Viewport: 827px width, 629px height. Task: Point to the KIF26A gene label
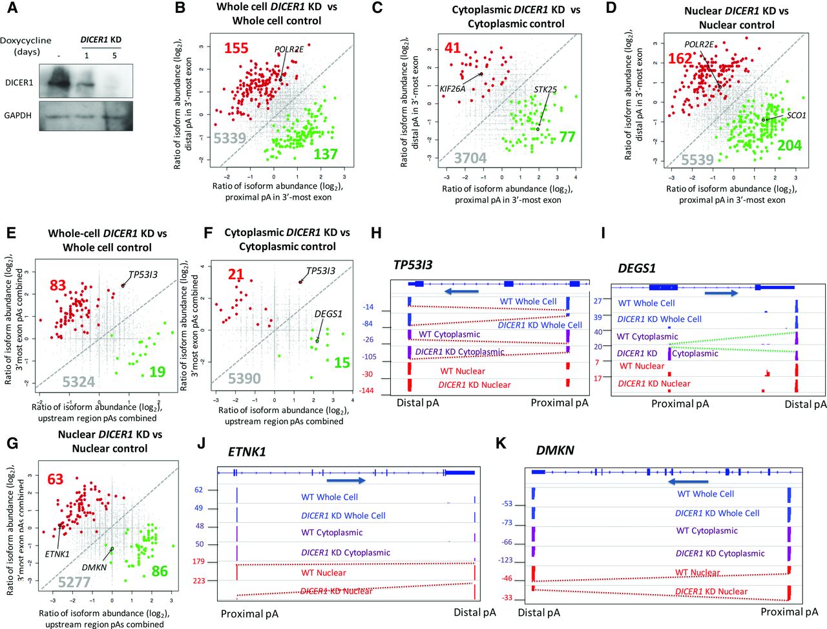[x=452, y=89]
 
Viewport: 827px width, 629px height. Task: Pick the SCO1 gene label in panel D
[x=796, y=115]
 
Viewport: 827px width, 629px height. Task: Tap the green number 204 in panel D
[x=789, y=146]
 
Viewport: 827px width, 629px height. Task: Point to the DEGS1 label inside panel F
[x=328, y=314]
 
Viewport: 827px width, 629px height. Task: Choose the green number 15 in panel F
[x=341, y=363]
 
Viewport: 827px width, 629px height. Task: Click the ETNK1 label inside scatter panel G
[x=58, y=554]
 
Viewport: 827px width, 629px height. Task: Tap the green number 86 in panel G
[x=159, y=571]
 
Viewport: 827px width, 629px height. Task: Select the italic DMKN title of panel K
[x=555, y=451]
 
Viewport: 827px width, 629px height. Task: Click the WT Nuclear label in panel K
[x=698, y=572]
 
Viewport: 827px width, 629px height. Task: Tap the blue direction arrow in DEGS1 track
[x=720, y=293]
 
